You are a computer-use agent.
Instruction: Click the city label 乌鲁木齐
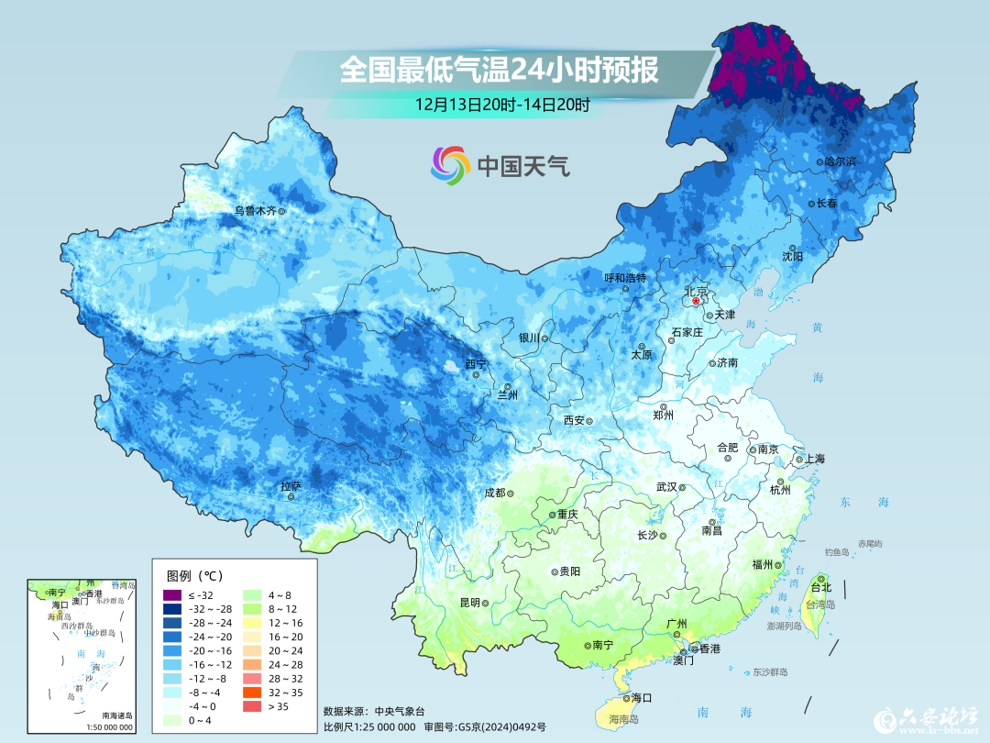(x=255, y=210)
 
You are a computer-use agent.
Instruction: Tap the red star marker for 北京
(x=696, y=301)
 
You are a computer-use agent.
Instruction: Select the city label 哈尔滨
(x=840, y=161)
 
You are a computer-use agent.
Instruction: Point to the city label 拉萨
(x=291, y=485)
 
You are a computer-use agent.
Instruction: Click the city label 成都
(x=494, y=493)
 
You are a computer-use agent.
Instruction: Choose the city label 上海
(x=814, y=459)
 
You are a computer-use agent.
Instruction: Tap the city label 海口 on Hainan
(x=641, y=698)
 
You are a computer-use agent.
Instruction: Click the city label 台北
(x=820, y=587)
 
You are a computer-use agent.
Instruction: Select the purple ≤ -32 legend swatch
(x=173, y=596)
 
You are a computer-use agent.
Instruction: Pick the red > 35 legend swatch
(x=250, y=706)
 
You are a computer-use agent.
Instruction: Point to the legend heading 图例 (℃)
(x=195, y=576)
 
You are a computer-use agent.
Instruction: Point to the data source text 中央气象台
(x=401, y=712)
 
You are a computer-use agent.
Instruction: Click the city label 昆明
(x=469, y=603)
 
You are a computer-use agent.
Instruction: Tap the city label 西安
(x=574, y=420)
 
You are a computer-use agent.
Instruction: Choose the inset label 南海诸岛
(x=116, y=715)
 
